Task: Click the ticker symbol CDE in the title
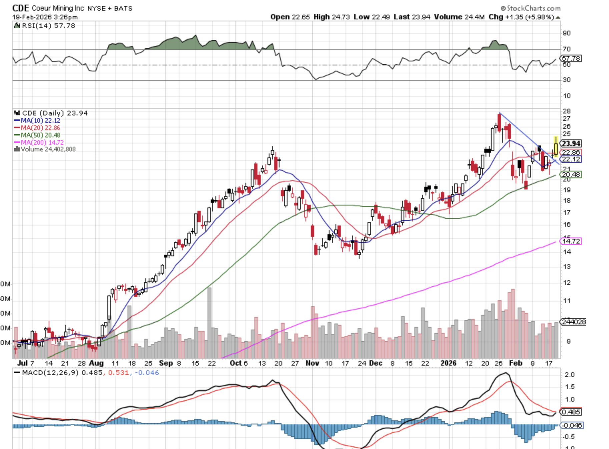click(x=21, y=8)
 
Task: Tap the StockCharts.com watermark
click(x=533, y=8)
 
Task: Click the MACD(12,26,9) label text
click(x=50, y=373)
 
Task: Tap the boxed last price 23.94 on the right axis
click(x=571, y=143)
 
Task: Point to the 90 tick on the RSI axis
click(x=566, y=33)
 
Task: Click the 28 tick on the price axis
click(x=566, y=111)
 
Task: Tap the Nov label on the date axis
click(x=312, y=363)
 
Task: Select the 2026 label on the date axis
click(x=448, y=363)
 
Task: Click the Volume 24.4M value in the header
click(x=459, y=17)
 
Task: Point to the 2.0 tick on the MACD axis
click(x=569, y=375)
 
